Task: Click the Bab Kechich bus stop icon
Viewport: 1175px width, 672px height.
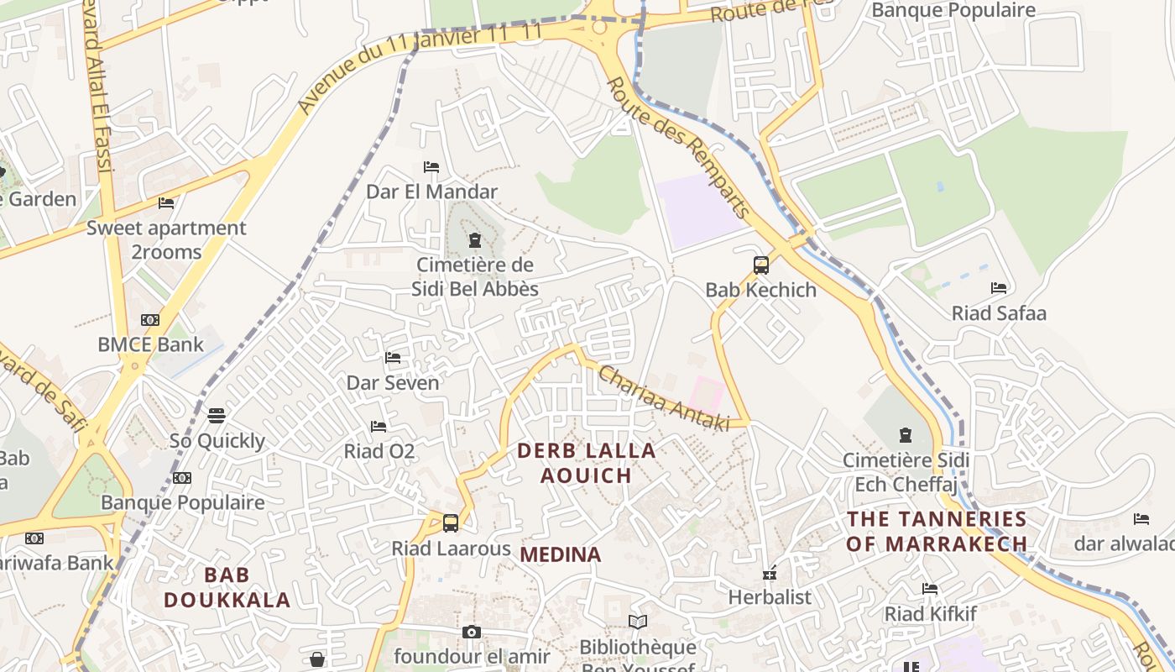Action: point(760,265)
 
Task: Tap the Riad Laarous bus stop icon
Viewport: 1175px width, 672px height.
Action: point(451,523)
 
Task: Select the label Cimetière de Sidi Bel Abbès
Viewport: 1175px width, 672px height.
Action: point(475,277)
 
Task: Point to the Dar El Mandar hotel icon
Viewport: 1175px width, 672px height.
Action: point(431,167)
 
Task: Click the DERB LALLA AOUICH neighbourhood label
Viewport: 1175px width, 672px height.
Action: point(586,463)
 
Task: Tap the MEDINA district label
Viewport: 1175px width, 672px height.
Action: point(561,554)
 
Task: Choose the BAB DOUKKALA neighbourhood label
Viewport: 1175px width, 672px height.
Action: point(227,587)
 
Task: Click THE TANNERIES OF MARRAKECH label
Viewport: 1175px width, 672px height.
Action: point(937,531)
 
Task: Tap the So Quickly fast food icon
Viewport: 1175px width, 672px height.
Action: point(217,415)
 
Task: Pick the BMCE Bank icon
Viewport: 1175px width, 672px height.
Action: point(150,320)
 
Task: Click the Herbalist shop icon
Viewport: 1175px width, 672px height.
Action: point(769,574)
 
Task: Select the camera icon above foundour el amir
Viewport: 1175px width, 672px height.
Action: point(472,632)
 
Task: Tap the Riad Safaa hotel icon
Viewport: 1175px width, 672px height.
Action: point(998,288)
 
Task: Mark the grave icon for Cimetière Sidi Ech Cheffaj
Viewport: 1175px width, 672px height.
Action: point(906,435)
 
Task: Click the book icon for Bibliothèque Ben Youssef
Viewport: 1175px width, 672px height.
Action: point(638,622)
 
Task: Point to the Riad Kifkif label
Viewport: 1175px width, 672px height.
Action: point(931,613)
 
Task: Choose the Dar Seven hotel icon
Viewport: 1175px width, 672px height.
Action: point(392,358)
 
